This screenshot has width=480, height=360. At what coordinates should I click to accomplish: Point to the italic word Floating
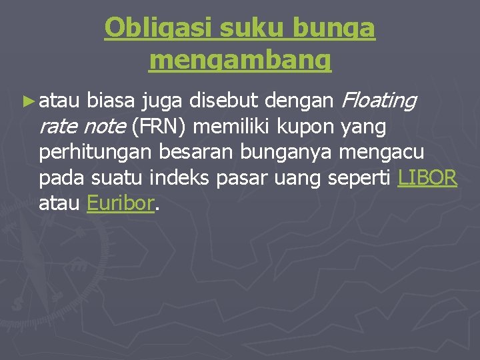click(378, 101)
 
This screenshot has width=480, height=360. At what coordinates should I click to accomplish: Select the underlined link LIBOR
click(427, 178)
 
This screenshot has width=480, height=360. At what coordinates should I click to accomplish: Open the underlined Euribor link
click(121, 203)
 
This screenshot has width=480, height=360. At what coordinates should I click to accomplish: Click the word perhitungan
click(95, 152)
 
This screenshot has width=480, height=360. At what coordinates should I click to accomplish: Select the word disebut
click(224, 101)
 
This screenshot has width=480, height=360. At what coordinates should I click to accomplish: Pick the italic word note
click(107, 127)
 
